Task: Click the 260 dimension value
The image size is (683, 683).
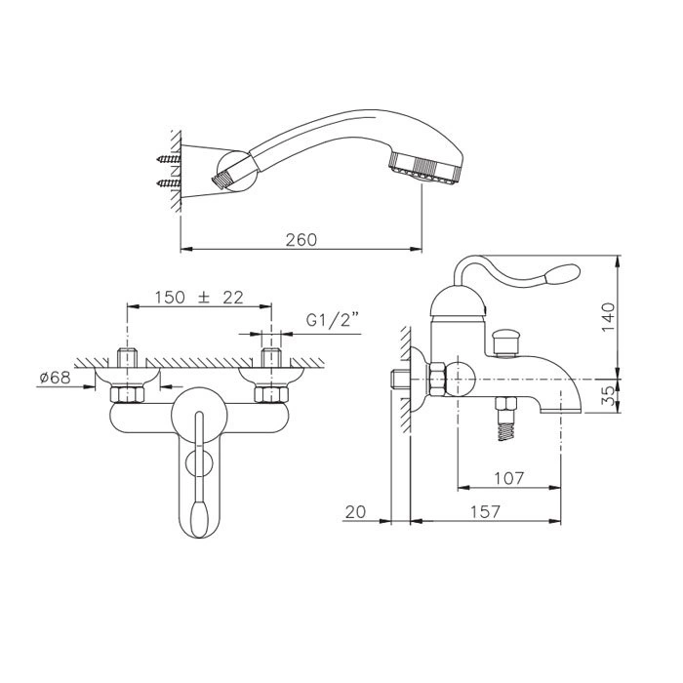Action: (x=301, y=240)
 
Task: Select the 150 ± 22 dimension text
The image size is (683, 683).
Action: (x=199, y=298)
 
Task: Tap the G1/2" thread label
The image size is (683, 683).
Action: (x=332, y=320)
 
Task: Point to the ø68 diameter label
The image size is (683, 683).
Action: (x=55, y=378)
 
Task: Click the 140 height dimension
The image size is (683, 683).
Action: (x=609, y=317)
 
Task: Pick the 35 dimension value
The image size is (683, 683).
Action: (x=610, y=396)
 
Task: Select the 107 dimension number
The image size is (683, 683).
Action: (x=508, y=479)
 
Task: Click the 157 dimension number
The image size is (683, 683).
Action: (x=485, y=512)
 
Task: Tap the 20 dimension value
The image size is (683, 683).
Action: (x=355, y=512)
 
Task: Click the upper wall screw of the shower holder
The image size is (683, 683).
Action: (x=169, y=159)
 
